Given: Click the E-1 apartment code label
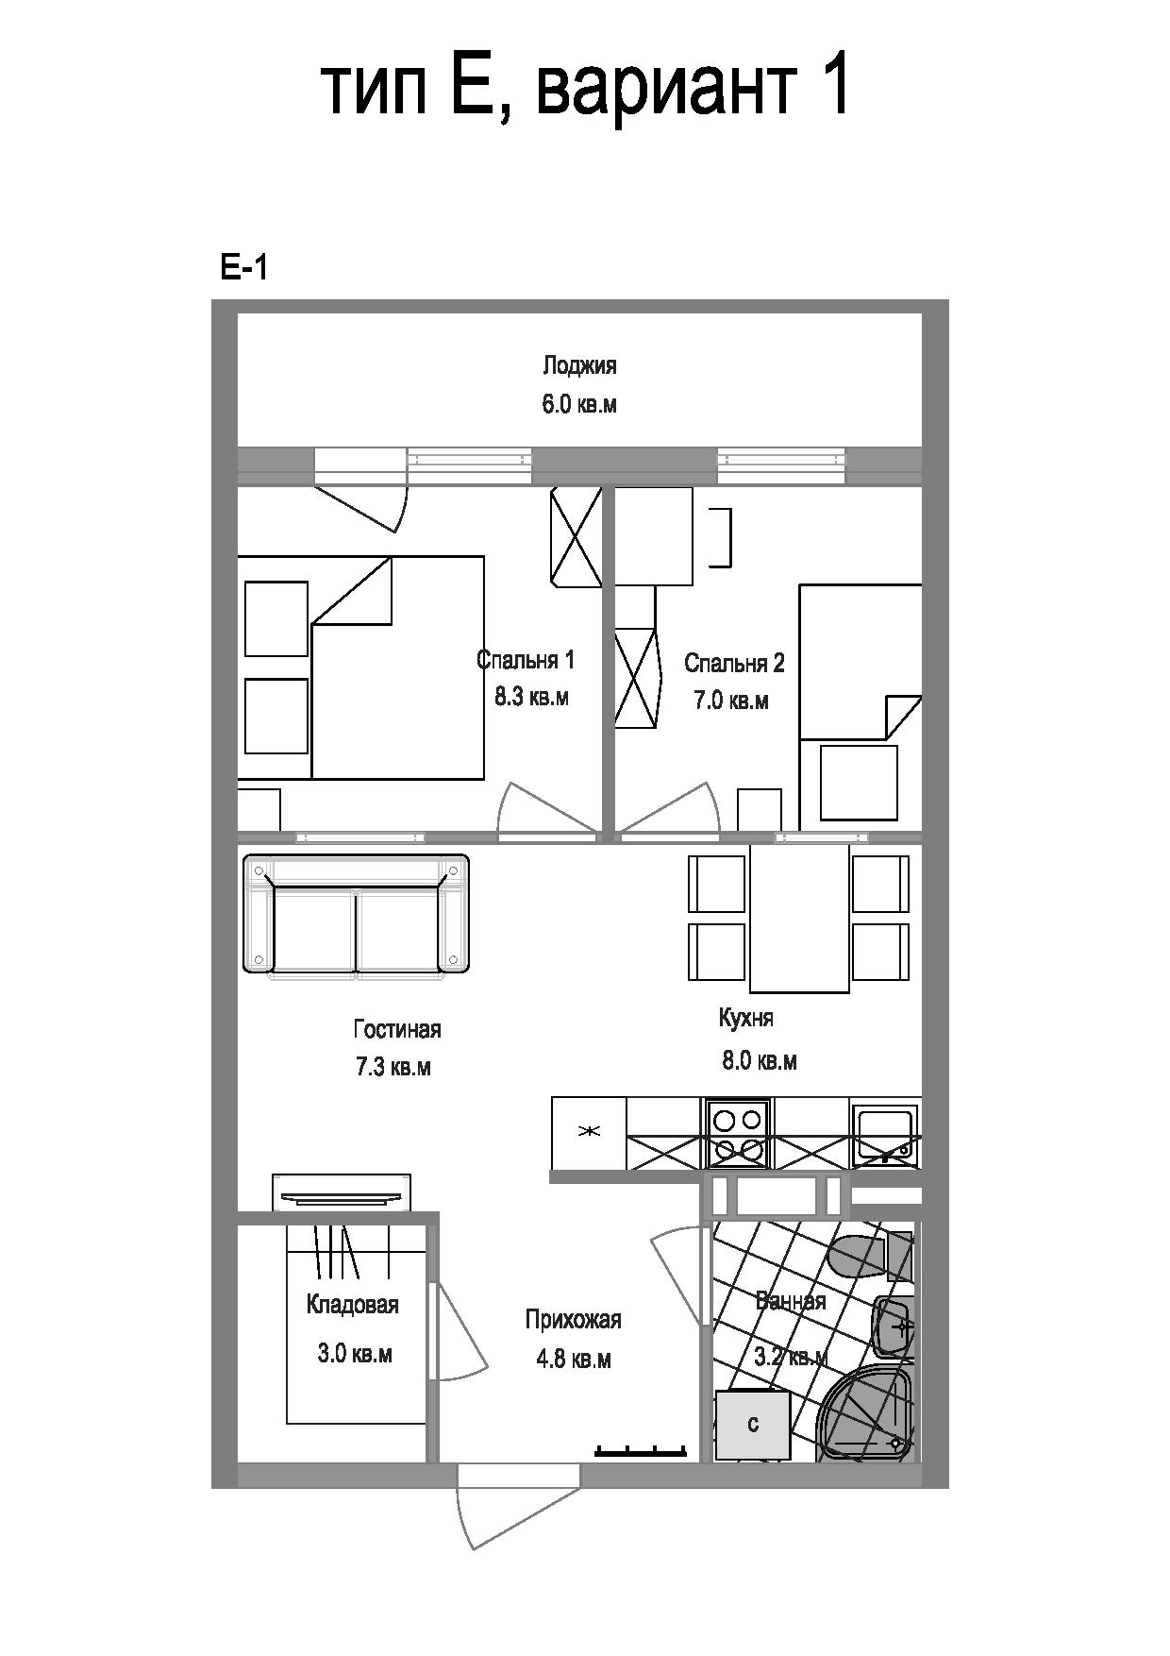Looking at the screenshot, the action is pyautogui.click(x=244, y=269).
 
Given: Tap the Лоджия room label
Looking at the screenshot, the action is pyautogui.click(x=579, y=366).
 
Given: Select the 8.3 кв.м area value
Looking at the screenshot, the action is pyautogui.click(x=531, y=698).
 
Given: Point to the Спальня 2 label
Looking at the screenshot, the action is pyautogui.click(x=734, y=663).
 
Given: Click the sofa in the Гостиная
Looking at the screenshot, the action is pyautogui.click(x=357, y=914).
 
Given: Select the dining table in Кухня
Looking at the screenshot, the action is pyautogui.click(x=799, y=919).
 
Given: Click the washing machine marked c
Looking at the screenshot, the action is pyautogui.click(x=752, y=1425).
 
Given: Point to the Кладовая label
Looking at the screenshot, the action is pyautogui.click(x=353, y=1305).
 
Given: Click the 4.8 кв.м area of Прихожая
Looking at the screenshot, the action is pyautogui.click(x=574, y=1360).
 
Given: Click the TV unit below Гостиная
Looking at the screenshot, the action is pyautogui.click(x=342, y=1192).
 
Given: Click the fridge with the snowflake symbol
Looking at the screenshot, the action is pyautogui.click(x=589, y=1132).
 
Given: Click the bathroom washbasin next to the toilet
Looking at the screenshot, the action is pyautogui.click(x=893, y=1326).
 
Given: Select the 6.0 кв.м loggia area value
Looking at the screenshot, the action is pyautogui.click(x=579, y=405).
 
